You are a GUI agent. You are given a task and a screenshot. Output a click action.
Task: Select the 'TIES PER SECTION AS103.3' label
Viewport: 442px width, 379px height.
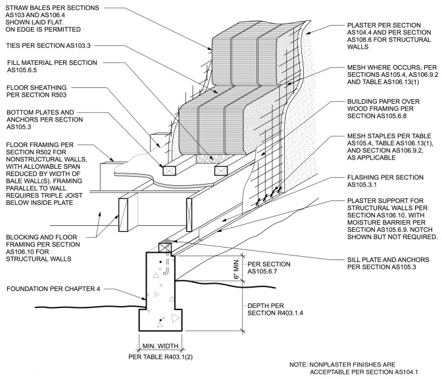tap(48, 46)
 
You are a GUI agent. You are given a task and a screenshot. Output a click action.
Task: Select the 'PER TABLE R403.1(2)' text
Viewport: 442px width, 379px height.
tap(160, 357)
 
